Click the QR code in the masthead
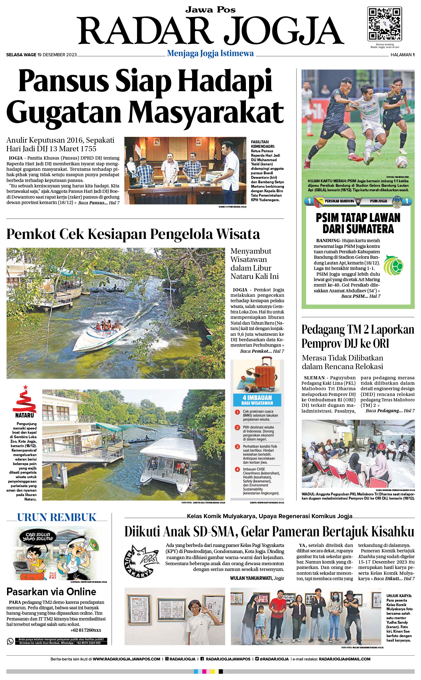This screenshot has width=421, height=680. point(384,24)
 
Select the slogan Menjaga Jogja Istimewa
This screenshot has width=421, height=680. point(210,53)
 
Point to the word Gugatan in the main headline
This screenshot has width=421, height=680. point(64,112)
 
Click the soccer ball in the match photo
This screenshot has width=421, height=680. point(401,162)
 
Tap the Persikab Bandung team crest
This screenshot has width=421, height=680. point(319,202)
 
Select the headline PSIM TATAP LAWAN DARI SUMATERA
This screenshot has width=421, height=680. point(358,223)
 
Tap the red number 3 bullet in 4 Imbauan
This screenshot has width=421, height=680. point(238,447)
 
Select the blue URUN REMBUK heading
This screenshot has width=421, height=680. point(57,518)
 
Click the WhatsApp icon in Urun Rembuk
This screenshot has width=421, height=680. point(10,641)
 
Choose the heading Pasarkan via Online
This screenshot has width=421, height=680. point(51,592)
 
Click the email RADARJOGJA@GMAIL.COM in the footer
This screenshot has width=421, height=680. point(344,659)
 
